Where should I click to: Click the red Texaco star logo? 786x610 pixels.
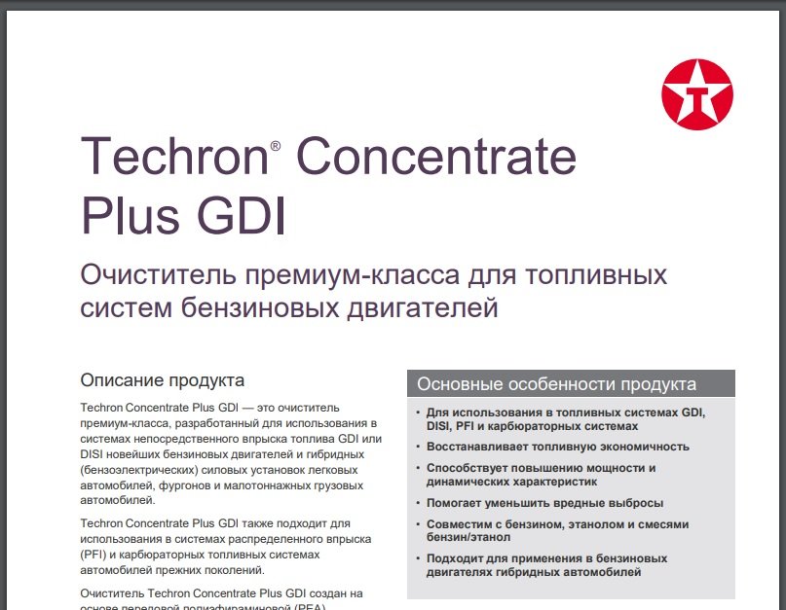click(697, 94)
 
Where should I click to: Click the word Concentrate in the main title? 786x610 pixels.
click(436, 156)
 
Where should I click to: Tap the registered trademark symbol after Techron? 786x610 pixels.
click(276, 146)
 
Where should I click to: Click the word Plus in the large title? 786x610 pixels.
click(131, 216)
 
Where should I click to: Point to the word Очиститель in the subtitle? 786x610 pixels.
click(158, 275)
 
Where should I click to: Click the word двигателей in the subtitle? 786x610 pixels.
click(423, 307)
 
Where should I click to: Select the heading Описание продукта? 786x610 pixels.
click(163, 380)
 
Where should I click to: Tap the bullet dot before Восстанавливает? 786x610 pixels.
click(418, 447)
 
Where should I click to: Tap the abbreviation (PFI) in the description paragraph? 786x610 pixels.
click(93, 555)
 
